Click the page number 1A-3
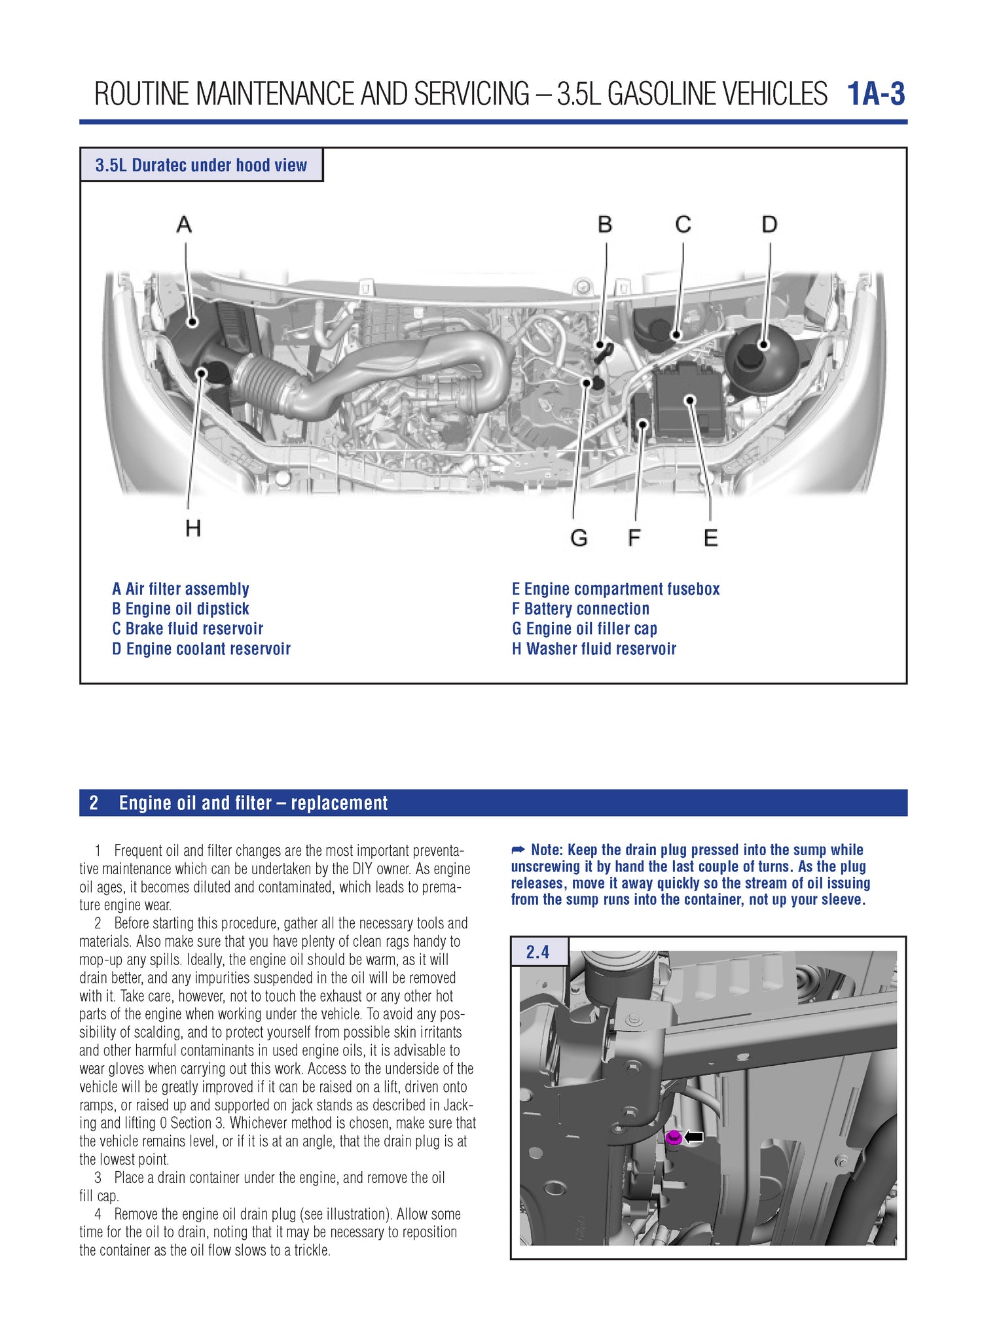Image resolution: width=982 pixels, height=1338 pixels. (x=875, y=94)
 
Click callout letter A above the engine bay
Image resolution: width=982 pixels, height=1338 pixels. (x=184, y=224)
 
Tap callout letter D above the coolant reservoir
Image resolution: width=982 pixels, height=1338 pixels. (x=769, y=224)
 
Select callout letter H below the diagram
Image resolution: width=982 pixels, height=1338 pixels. (x=192, y=528)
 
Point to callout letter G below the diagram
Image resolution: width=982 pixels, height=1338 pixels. (x=579, y=538)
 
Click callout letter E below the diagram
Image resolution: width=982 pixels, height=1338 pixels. (x=710, y=538)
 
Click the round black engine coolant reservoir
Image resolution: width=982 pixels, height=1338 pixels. (x=761, y=357)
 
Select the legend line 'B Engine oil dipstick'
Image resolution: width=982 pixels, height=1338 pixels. (x=181, y=609)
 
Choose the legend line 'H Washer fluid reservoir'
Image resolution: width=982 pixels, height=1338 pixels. (x=594, y=649)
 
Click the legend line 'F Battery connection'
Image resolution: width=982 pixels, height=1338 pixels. (x=580, y=609)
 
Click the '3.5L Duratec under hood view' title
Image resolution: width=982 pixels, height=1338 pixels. (x=201, y=165)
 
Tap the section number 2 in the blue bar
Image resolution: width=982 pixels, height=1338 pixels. (x=94, y=803)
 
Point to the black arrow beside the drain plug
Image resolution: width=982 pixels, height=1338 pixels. (x=694, y=1137)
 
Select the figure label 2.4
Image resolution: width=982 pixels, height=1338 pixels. (x=537, y=952)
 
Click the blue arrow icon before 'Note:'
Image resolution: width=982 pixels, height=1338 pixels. (x=518, y=850)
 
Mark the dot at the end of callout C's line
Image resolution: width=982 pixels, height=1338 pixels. (x=677, y=336)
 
